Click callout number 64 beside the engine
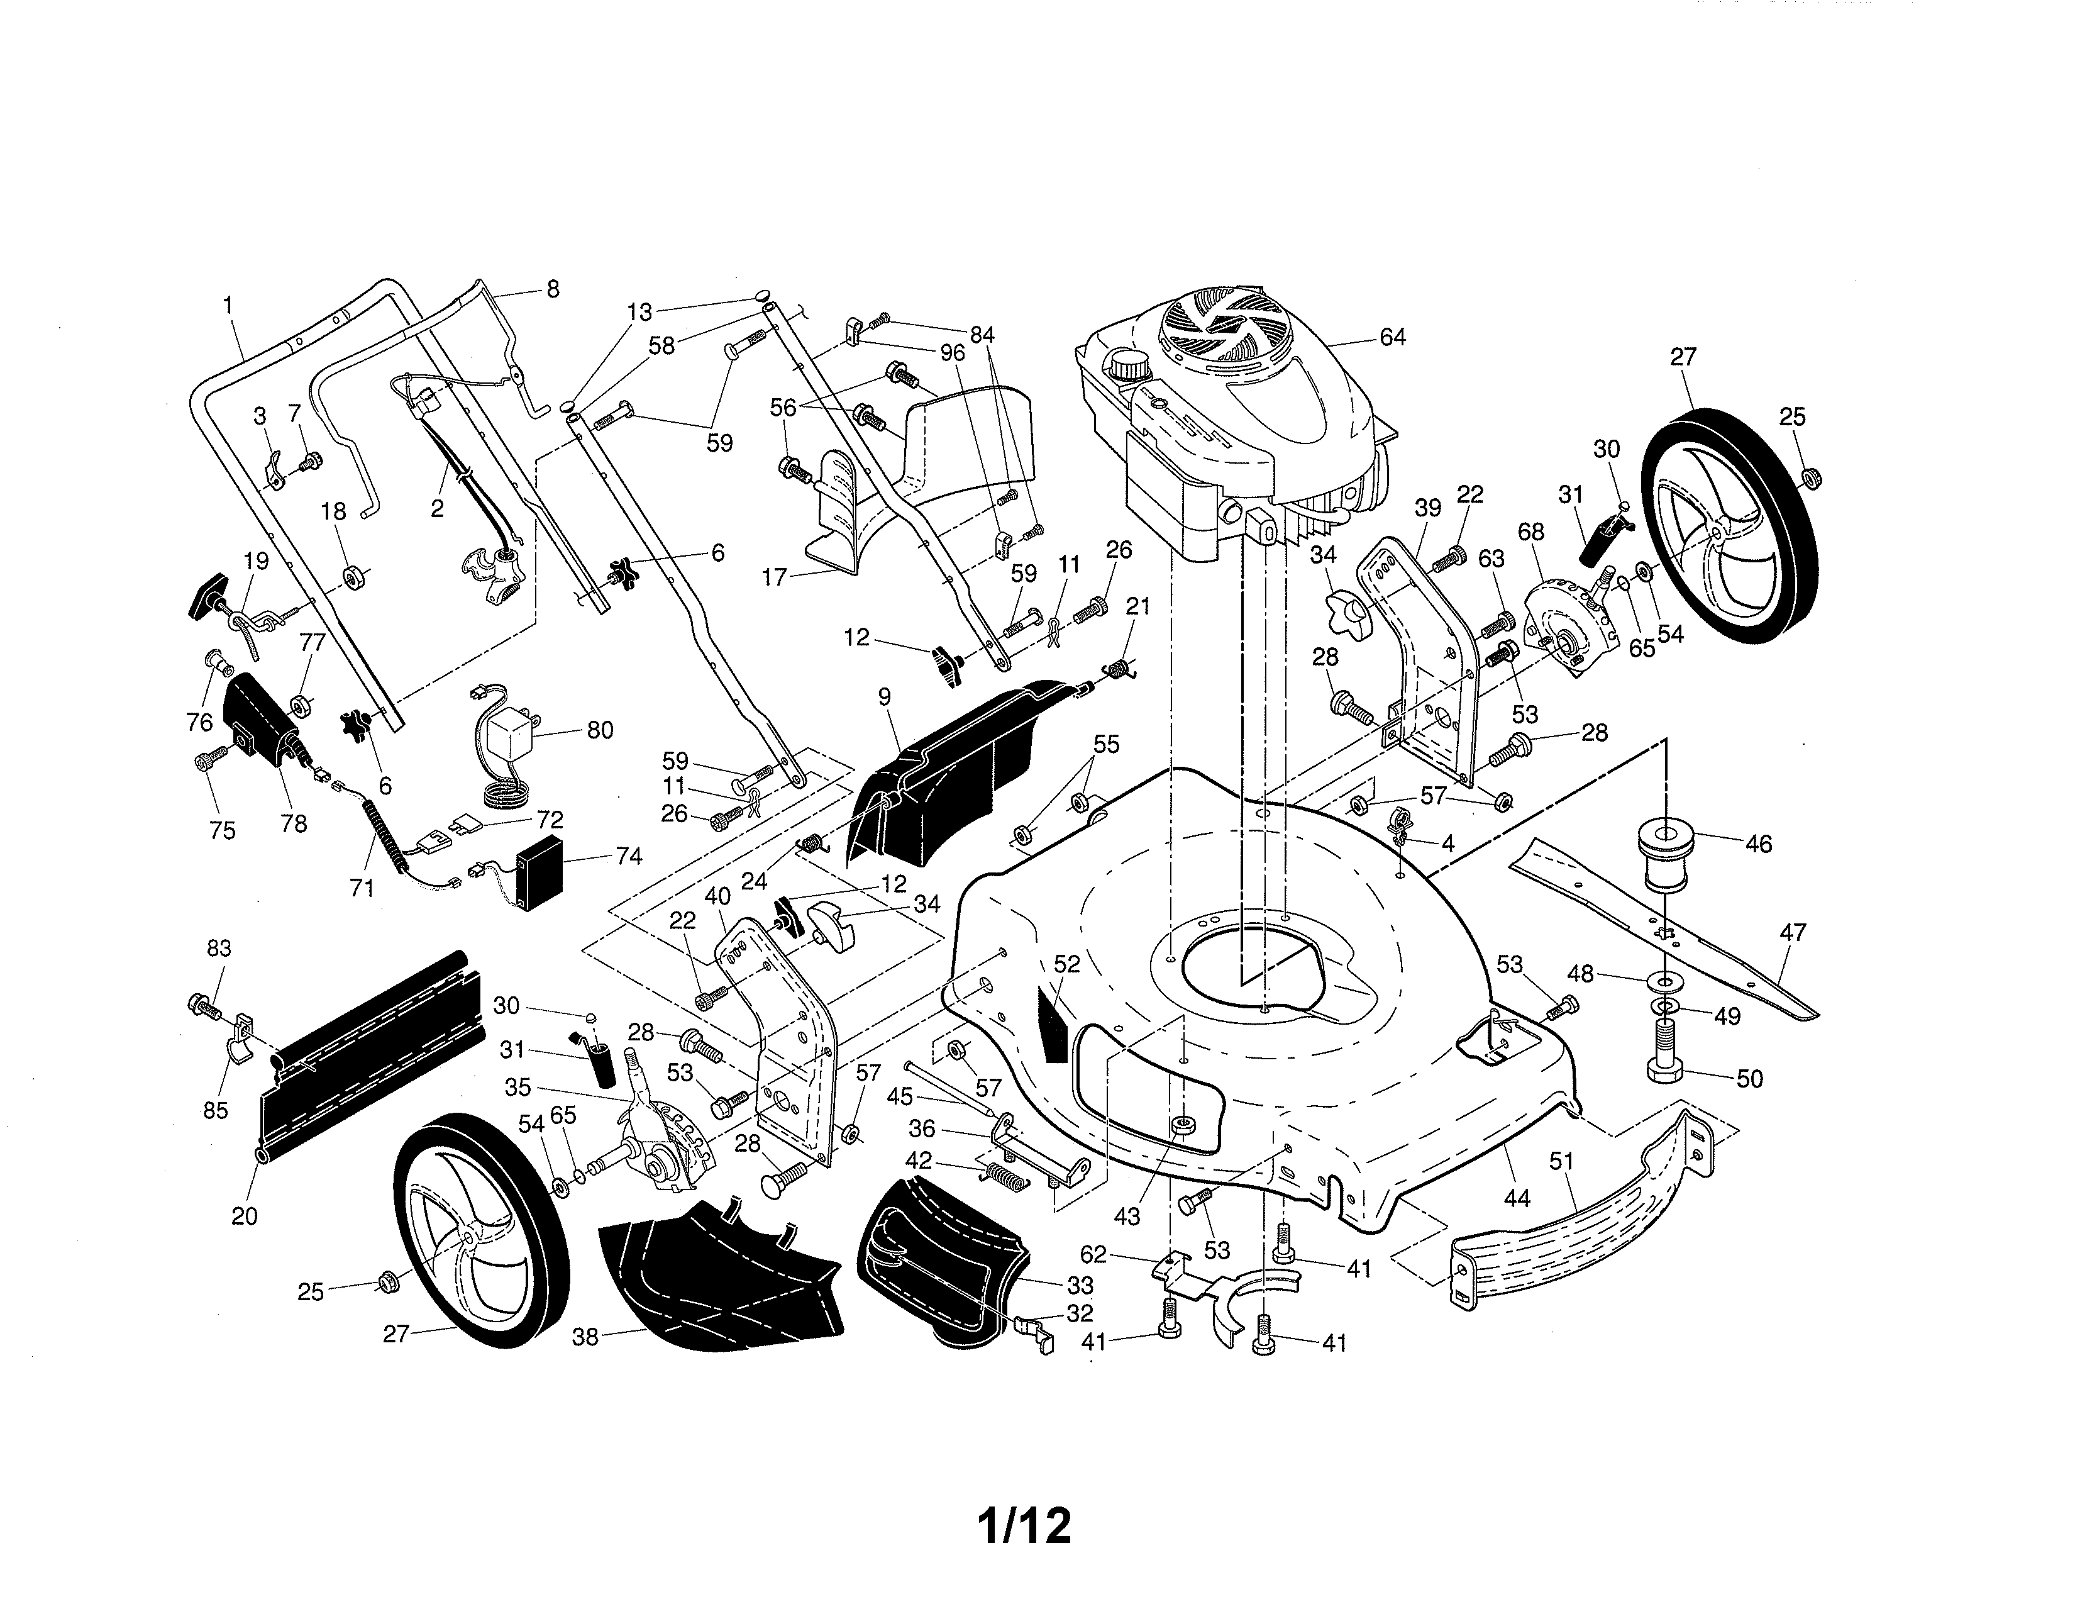1392,337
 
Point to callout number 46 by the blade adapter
1759,844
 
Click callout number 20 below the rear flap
244,1217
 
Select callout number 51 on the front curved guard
1561,1161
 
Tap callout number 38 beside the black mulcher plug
585,1337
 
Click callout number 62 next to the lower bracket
1093,1254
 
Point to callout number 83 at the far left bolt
219,949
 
